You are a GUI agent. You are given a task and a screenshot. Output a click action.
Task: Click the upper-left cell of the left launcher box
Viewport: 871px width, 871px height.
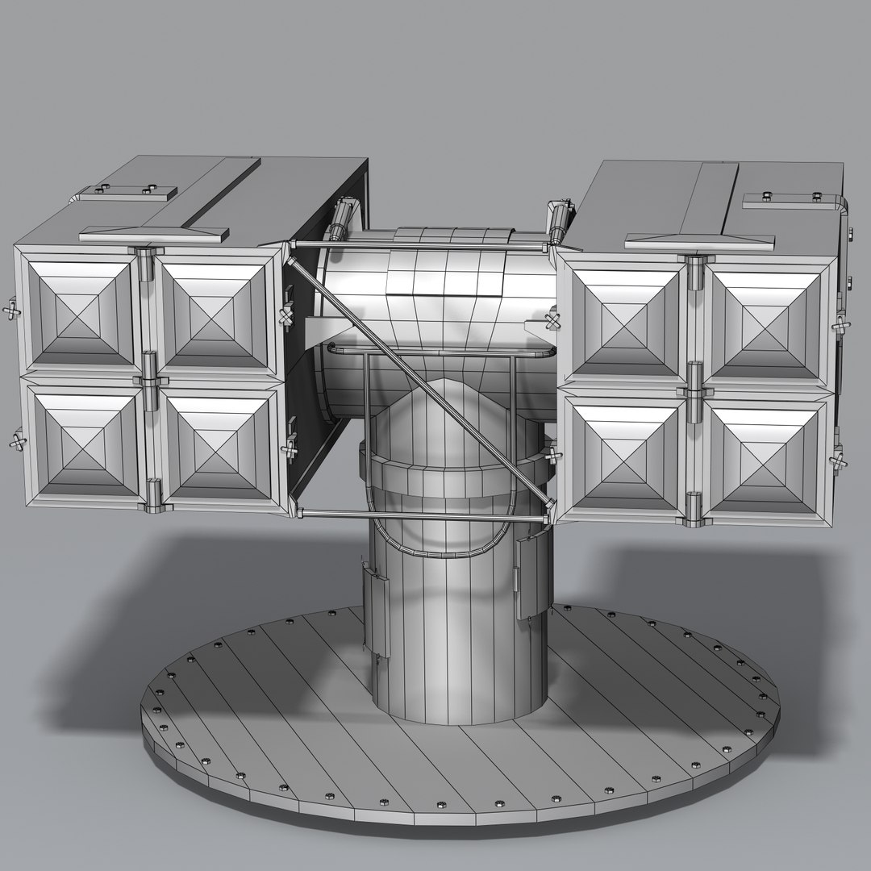pos(81,310)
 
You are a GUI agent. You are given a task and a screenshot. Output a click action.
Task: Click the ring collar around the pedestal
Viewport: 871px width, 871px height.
pos(452,476)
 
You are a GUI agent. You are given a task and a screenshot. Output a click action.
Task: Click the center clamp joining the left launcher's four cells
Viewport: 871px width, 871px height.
pos(149,377)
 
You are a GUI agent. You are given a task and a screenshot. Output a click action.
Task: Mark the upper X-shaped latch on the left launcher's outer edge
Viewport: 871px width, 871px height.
pos(12,310)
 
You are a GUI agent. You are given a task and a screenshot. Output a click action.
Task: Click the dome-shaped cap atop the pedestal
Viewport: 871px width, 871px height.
pos(452,411)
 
